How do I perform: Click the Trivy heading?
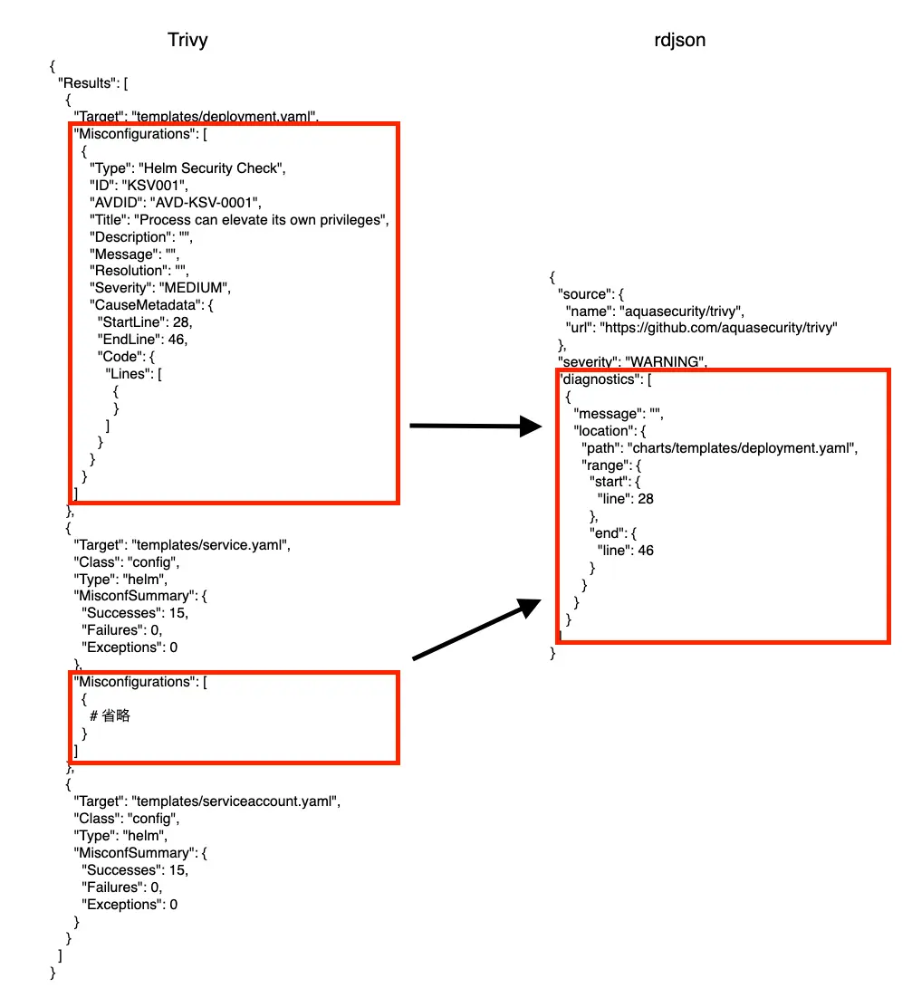[187, 41]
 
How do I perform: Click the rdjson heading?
[680, 41]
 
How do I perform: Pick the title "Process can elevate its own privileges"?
[262, 220]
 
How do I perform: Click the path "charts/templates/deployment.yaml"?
[740, 447]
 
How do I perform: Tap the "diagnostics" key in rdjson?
[598, 379]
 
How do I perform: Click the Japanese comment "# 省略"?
[110, 715]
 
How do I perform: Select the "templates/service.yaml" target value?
[210, 545]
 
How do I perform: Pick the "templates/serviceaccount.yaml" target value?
[235, 801]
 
